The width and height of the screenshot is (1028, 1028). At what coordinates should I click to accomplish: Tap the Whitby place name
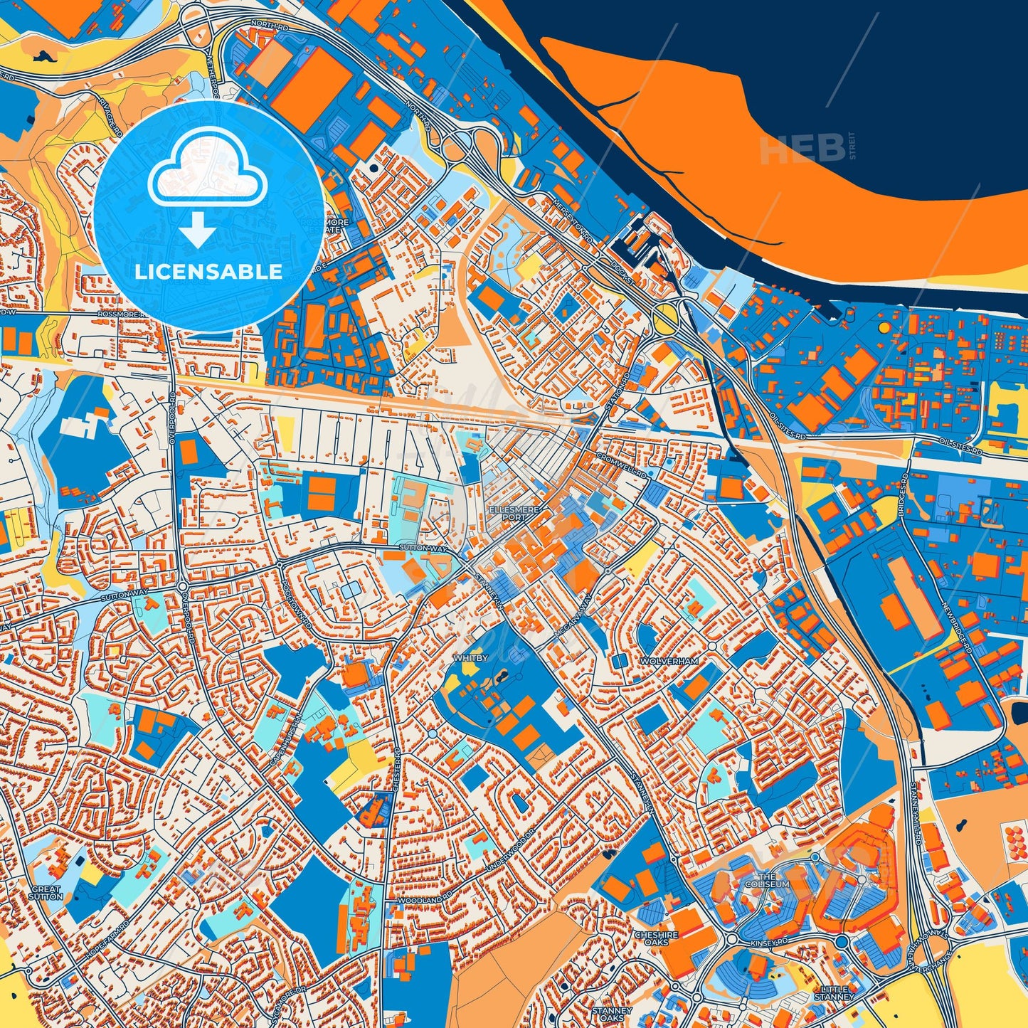point(471,658)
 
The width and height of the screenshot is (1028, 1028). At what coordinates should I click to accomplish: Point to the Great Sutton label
point(47,892)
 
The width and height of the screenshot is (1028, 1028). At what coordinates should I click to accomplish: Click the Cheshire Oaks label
point(657,938)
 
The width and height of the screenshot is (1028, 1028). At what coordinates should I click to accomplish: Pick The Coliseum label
point(767,880)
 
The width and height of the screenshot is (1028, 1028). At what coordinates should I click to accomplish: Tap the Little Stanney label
point(834,993)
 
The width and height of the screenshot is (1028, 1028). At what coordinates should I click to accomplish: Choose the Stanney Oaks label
point(612,1014)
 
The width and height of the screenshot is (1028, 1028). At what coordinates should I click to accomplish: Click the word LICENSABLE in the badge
point(208,271)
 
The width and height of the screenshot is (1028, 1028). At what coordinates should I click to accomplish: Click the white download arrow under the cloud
point(198,231)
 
